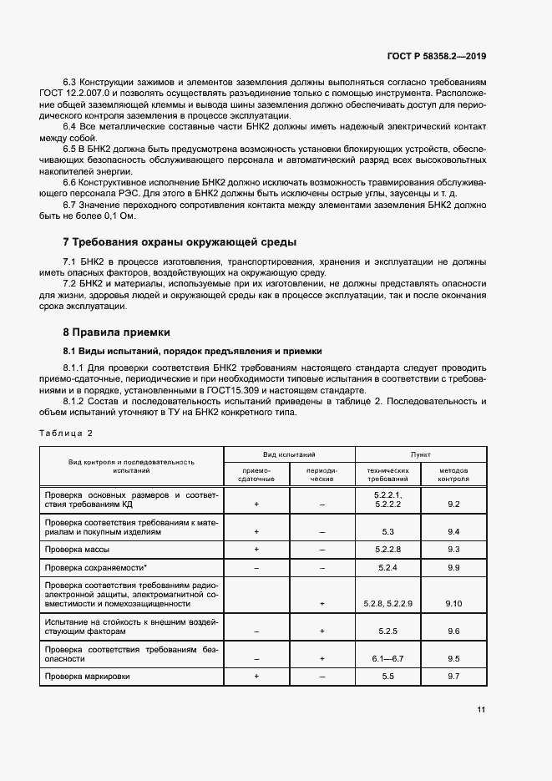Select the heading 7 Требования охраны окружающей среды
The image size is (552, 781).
pos(180,242)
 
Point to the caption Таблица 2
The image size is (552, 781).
pos(66,433)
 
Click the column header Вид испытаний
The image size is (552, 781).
pos(289,454)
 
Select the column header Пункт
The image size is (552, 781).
pos(420,454)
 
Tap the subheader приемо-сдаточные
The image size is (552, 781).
pos(256,474)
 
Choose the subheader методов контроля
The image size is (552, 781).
pos(453,474)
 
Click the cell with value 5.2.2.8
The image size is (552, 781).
pos(387,549)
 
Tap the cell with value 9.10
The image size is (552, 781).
pos(453,602)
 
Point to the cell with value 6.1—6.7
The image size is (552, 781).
pos(387,658)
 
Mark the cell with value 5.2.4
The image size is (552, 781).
pos(387,567)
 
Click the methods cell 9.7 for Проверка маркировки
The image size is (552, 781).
pos(453,676)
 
